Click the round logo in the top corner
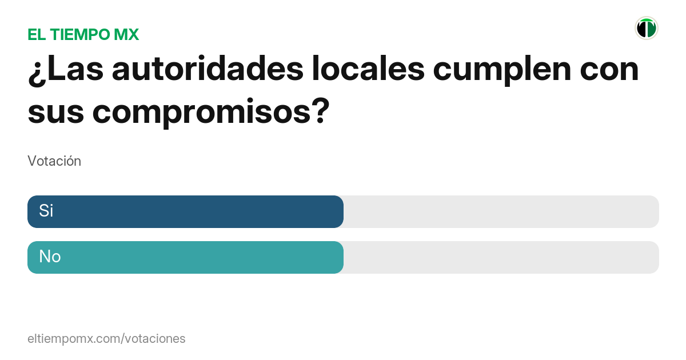[646, 28]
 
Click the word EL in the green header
[37, 34]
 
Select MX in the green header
[126, 34]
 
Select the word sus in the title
[55, 110]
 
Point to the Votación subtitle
[54, 161]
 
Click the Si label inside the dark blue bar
[46, 211]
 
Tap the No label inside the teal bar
[50, 257]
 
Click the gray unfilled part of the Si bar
[501, 211]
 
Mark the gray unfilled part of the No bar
[501, 257]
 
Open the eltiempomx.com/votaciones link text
[106, 338]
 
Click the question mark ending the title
[321, 110]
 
